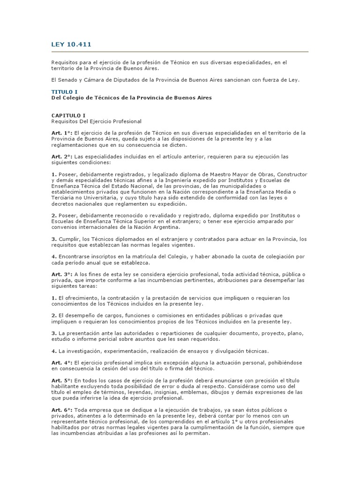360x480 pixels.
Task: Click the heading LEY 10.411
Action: tap(71, 45)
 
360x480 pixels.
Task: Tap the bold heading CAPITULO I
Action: tap(68, 115)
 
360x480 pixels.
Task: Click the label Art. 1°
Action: tap(61, 133)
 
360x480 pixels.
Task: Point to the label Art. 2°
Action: tap(61, 156)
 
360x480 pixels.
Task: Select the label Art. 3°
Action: tap(61, 274)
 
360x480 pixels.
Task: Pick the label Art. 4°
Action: tap(61, 362)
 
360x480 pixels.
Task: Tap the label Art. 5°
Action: tap(61, 380)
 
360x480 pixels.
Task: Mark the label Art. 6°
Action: tap(61, 410)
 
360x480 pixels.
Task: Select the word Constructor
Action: tap(290, 174)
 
